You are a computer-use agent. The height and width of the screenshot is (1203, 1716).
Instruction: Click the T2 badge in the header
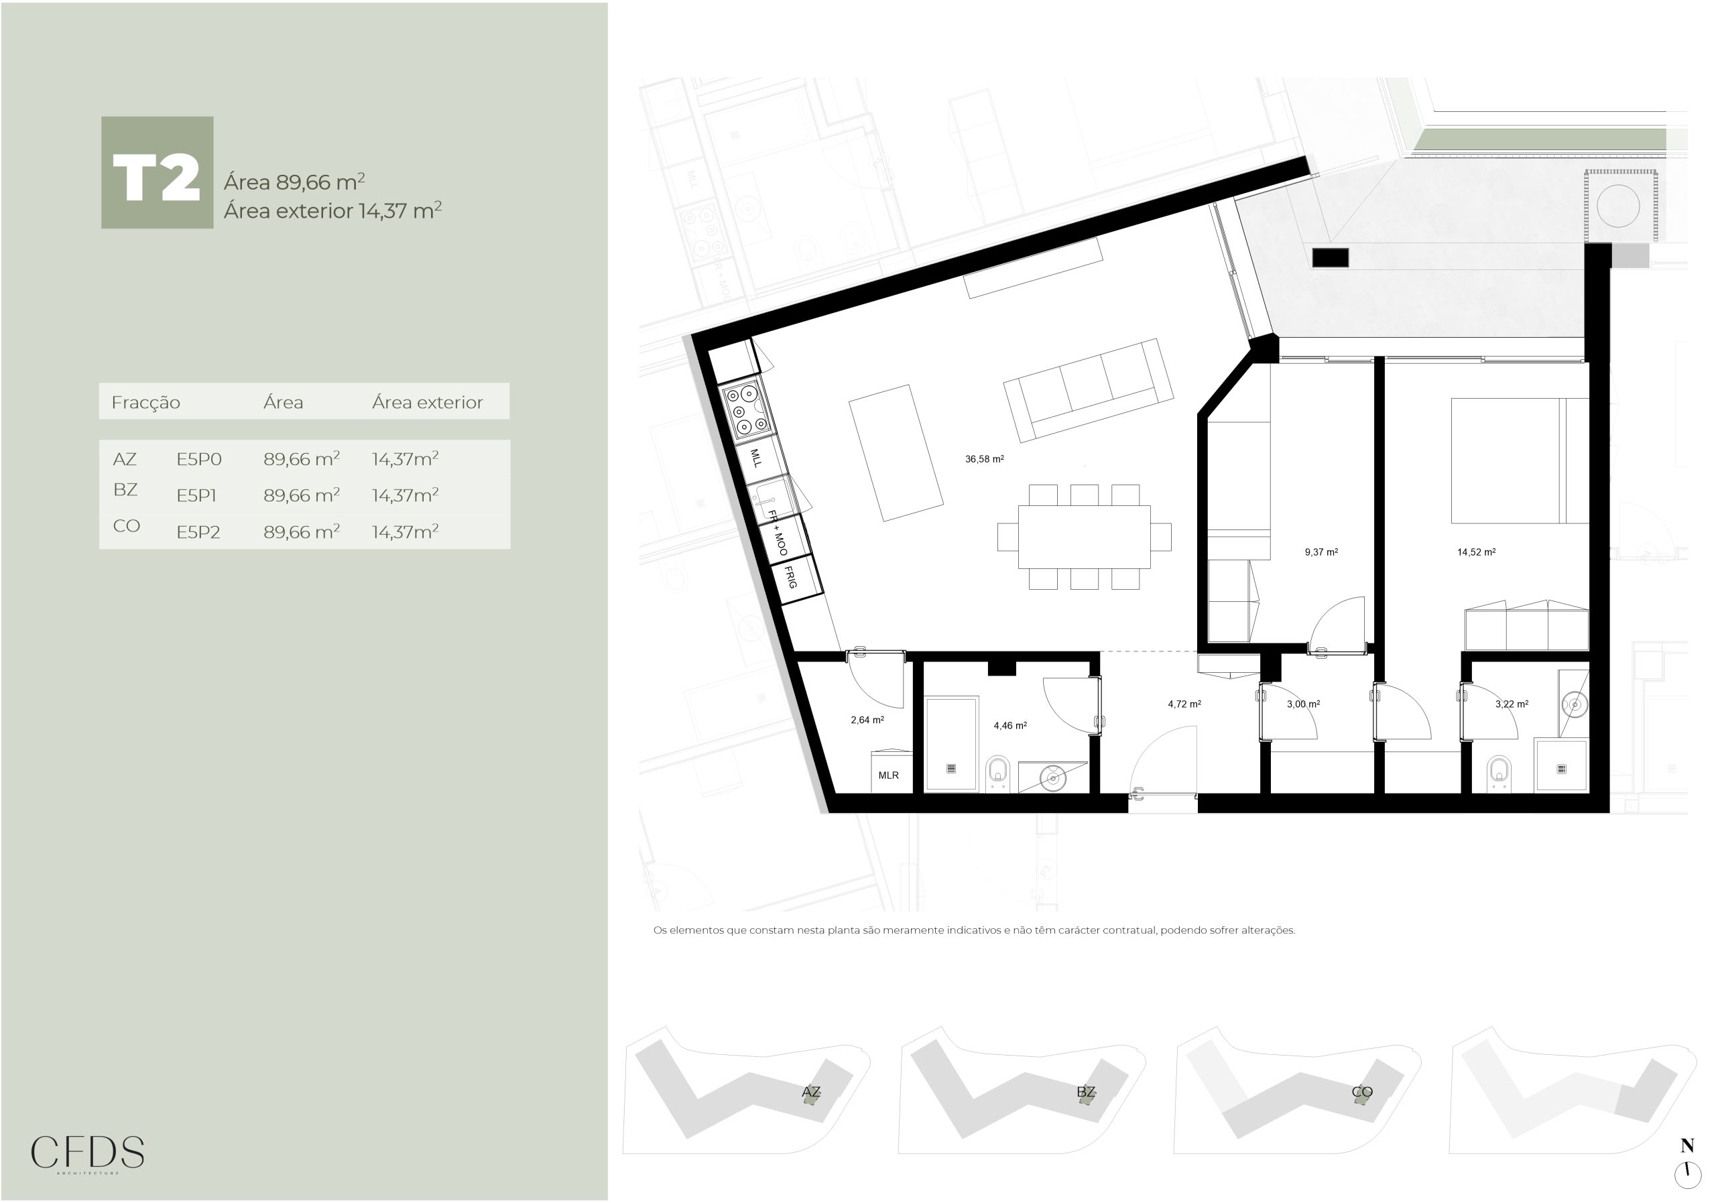click(157, 173)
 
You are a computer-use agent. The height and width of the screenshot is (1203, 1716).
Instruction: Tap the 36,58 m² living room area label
click(984, 459)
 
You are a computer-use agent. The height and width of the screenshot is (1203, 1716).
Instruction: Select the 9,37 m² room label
click(1321, 552)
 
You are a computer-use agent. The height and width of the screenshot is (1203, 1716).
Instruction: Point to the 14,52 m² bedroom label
click(1476, 552)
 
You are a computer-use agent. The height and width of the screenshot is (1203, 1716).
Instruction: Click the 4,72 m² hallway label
click(1184, 704)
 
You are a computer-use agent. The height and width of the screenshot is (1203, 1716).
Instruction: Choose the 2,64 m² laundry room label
click(867, 720)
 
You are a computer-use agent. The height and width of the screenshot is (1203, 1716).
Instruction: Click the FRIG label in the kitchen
click(791, 577)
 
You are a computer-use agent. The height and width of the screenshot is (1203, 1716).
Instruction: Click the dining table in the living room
click(1085, 537)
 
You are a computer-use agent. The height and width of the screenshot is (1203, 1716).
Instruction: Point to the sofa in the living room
click(1088, 390)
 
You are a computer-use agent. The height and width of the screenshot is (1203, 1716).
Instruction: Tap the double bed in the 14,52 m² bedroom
click(1520, 460)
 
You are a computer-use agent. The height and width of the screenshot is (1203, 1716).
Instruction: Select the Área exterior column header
click(428, 403)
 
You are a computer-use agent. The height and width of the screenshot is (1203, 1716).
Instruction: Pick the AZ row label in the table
click(125, 460)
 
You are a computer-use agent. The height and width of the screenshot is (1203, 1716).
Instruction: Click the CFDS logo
click(87, 1153)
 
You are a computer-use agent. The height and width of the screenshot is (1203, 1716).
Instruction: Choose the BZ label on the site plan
click(1086, 1092)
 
